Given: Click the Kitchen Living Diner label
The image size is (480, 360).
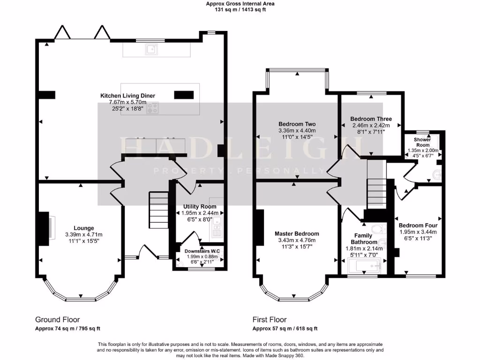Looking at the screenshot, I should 127,96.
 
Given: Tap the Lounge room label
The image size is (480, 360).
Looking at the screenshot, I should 83,228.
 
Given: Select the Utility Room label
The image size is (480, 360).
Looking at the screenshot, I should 199,206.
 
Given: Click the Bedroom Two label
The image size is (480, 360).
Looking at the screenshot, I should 297,124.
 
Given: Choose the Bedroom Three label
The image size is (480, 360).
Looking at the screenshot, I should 371,119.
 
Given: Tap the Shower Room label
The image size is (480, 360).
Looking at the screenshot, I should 422,142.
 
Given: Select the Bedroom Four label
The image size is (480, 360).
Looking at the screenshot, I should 418,225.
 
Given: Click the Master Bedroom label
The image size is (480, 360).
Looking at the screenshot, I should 297,233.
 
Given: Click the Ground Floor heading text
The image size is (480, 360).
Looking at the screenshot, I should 58,320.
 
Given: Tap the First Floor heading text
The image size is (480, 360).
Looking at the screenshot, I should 270,320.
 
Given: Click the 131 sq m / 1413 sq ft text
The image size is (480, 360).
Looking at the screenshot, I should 240,9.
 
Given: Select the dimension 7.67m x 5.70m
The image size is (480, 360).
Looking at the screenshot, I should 127,102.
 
